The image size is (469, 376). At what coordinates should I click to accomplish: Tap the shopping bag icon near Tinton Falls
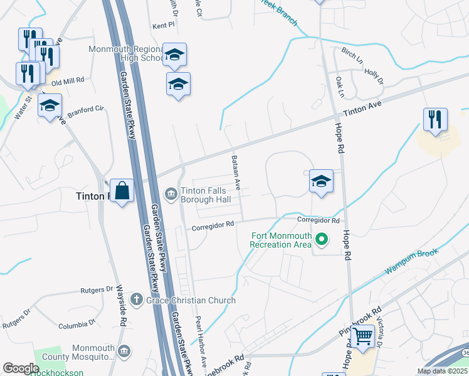pos(122,191)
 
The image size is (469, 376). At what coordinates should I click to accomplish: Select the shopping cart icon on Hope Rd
pos(363,337)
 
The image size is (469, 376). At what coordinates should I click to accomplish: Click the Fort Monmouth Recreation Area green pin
pos(322,239)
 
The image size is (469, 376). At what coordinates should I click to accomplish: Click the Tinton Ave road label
pos(362,110)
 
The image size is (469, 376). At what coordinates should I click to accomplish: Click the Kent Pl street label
pos(162,26)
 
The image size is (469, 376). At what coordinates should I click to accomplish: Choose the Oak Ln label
pos(340,86)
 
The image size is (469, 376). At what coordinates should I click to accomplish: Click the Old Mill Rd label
pos(68,81)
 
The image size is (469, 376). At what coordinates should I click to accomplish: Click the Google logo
pos(21,368)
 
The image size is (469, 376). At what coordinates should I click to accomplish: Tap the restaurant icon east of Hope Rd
pos(435,119)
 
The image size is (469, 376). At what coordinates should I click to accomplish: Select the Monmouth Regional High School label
pos(125,54)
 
